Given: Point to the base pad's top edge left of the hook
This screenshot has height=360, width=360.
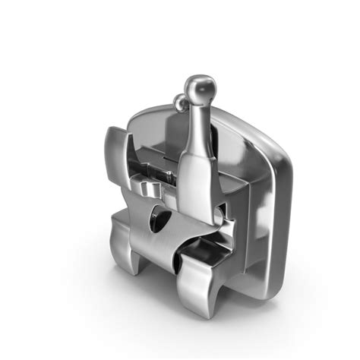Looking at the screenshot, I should tap(152, 112).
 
